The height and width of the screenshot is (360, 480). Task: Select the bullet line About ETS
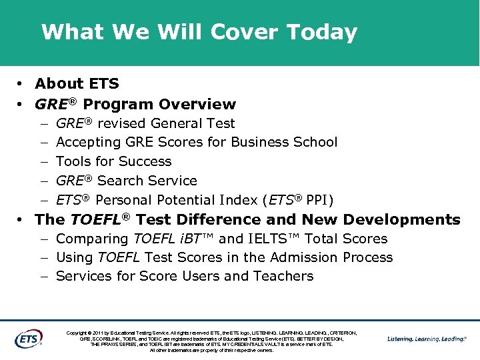tap(77, 83)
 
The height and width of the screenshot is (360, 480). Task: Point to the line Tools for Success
tap(113, 161)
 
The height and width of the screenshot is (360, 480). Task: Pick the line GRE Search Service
tap(127, 181)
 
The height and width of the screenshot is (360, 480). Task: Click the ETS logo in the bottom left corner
tap(28, 339)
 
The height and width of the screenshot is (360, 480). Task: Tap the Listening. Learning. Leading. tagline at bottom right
tap(427, 339)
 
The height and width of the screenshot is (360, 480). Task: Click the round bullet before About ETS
tap(21, 84)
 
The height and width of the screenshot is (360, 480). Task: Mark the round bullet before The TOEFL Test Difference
tap(21, 220)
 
